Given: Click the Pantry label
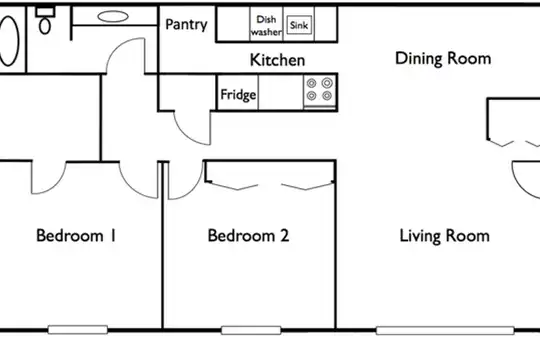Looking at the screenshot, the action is pyautogui.click(x=186, y=24).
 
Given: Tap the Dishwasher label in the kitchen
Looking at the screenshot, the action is pyautogui.click(x=266, y=25).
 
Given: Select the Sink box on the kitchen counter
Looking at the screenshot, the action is pyautogui.click(x=299, y=25).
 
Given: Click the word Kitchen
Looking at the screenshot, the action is pyautogui.click(x=277, y=60).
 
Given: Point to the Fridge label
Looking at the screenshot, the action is pyautogui.click(x=238, y=94).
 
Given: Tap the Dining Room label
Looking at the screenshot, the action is pyautogui.click(x=443, y=59).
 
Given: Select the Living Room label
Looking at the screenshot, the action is pyautogui.click(x=444, y=236).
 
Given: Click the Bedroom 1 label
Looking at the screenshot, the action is pyautogui.click(x=76, y=236).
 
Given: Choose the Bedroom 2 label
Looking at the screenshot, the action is pyautogui.click(x=248, y=236).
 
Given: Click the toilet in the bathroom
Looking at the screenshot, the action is pyautogui.click(x=45, y=21).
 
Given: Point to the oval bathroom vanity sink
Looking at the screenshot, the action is pyautogui.click(x=113, y=16).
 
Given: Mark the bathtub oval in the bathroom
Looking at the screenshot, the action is pyautogui.click(x=8, y=41).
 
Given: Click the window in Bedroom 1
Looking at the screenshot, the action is pyautogui.click(x=77, y=330).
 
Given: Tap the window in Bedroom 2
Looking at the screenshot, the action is pyautogui.click(x=251, y=330).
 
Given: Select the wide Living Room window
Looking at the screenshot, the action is pyautogui.click(x=445, y=330).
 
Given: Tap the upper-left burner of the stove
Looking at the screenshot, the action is pyautogui.click(x=312, y=83).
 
